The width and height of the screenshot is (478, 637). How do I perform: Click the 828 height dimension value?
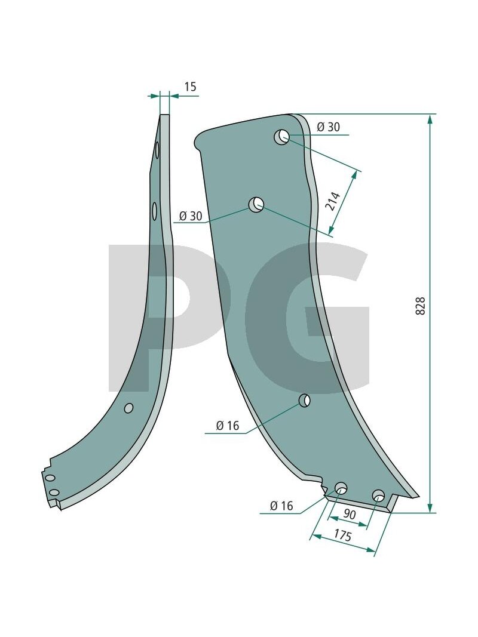click(421, 306)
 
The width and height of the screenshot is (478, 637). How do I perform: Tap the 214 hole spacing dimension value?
click(334, 201)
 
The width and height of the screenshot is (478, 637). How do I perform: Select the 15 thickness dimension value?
click(190, 87)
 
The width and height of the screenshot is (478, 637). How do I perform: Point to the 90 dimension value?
click(349, 514)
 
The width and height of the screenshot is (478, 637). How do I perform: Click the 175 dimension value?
click(342, 536)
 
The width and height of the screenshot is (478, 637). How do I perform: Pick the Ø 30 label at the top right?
click(328, 127)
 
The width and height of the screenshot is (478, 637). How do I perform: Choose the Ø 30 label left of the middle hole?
click(191, 216)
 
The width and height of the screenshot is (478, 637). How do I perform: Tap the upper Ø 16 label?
click(228, 426)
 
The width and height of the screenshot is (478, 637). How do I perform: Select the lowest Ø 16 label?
click(281, 506)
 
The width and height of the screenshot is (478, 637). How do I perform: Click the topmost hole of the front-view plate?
click(281, 137)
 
